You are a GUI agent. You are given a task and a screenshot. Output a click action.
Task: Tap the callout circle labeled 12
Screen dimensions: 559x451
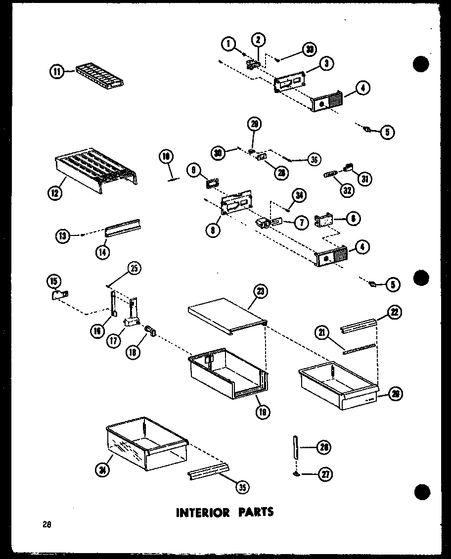(x=56, y=192)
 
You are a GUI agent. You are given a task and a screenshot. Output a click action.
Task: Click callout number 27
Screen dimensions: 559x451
(x=325, y=474)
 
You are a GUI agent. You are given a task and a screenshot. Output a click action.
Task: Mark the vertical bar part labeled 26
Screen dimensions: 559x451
(x=296, y=451)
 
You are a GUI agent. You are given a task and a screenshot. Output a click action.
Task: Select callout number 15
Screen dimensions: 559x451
(x=53, y=281)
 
